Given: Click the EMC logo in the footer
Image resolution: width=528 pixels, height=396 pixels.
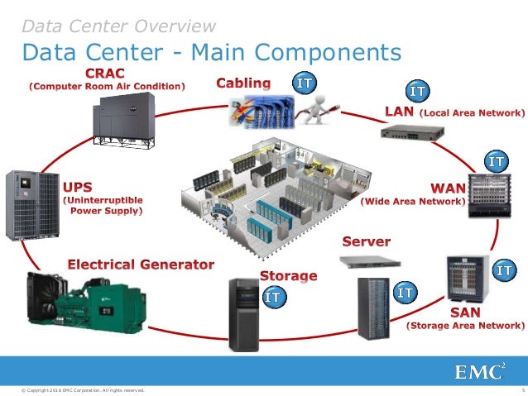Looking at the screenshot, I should (479, 374).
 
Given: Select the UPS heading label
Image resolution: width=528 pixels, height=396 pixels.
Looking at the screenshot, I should (79, 184).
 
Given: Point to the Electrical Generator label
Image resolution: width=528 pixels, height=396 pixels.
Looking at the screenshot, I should (140, 265).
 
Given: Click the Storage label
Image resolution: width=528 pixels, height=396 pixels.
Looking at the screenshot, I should (288, 275).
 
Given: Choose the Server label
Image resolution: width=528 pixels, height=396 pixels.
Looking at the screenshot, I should (366, 241).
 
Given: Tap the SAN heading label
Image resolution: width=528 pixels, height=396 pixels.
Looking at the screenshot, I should (466, 313).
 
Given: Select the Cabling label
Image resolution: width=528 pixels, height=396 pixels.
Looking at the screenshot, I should (242, 83).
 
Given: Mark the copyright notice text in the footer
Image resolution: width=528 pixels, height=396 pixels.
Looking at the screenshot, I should (84, 389).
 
